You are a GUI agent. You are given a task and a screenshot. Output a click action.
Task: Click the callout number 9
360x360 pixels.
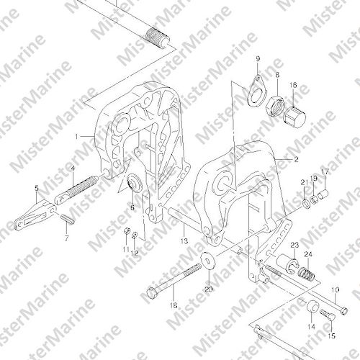[258, 59]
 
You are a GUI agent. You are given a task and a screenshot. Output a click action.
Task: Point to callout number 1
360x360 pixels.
[76, 137]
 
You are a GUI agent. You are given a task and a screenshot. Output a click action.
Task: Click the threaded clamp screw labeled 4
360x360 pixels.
[76, 189]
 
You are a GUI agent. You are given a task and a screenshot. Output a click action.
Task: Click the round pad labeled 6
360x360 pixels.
[135, 184]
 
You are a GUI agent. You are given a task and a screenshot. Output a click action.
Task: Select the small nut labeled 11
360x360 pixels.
[127, 231]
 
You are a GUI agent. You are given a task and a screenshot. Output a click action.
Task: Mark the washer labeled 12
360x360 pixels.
[135, 234]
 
